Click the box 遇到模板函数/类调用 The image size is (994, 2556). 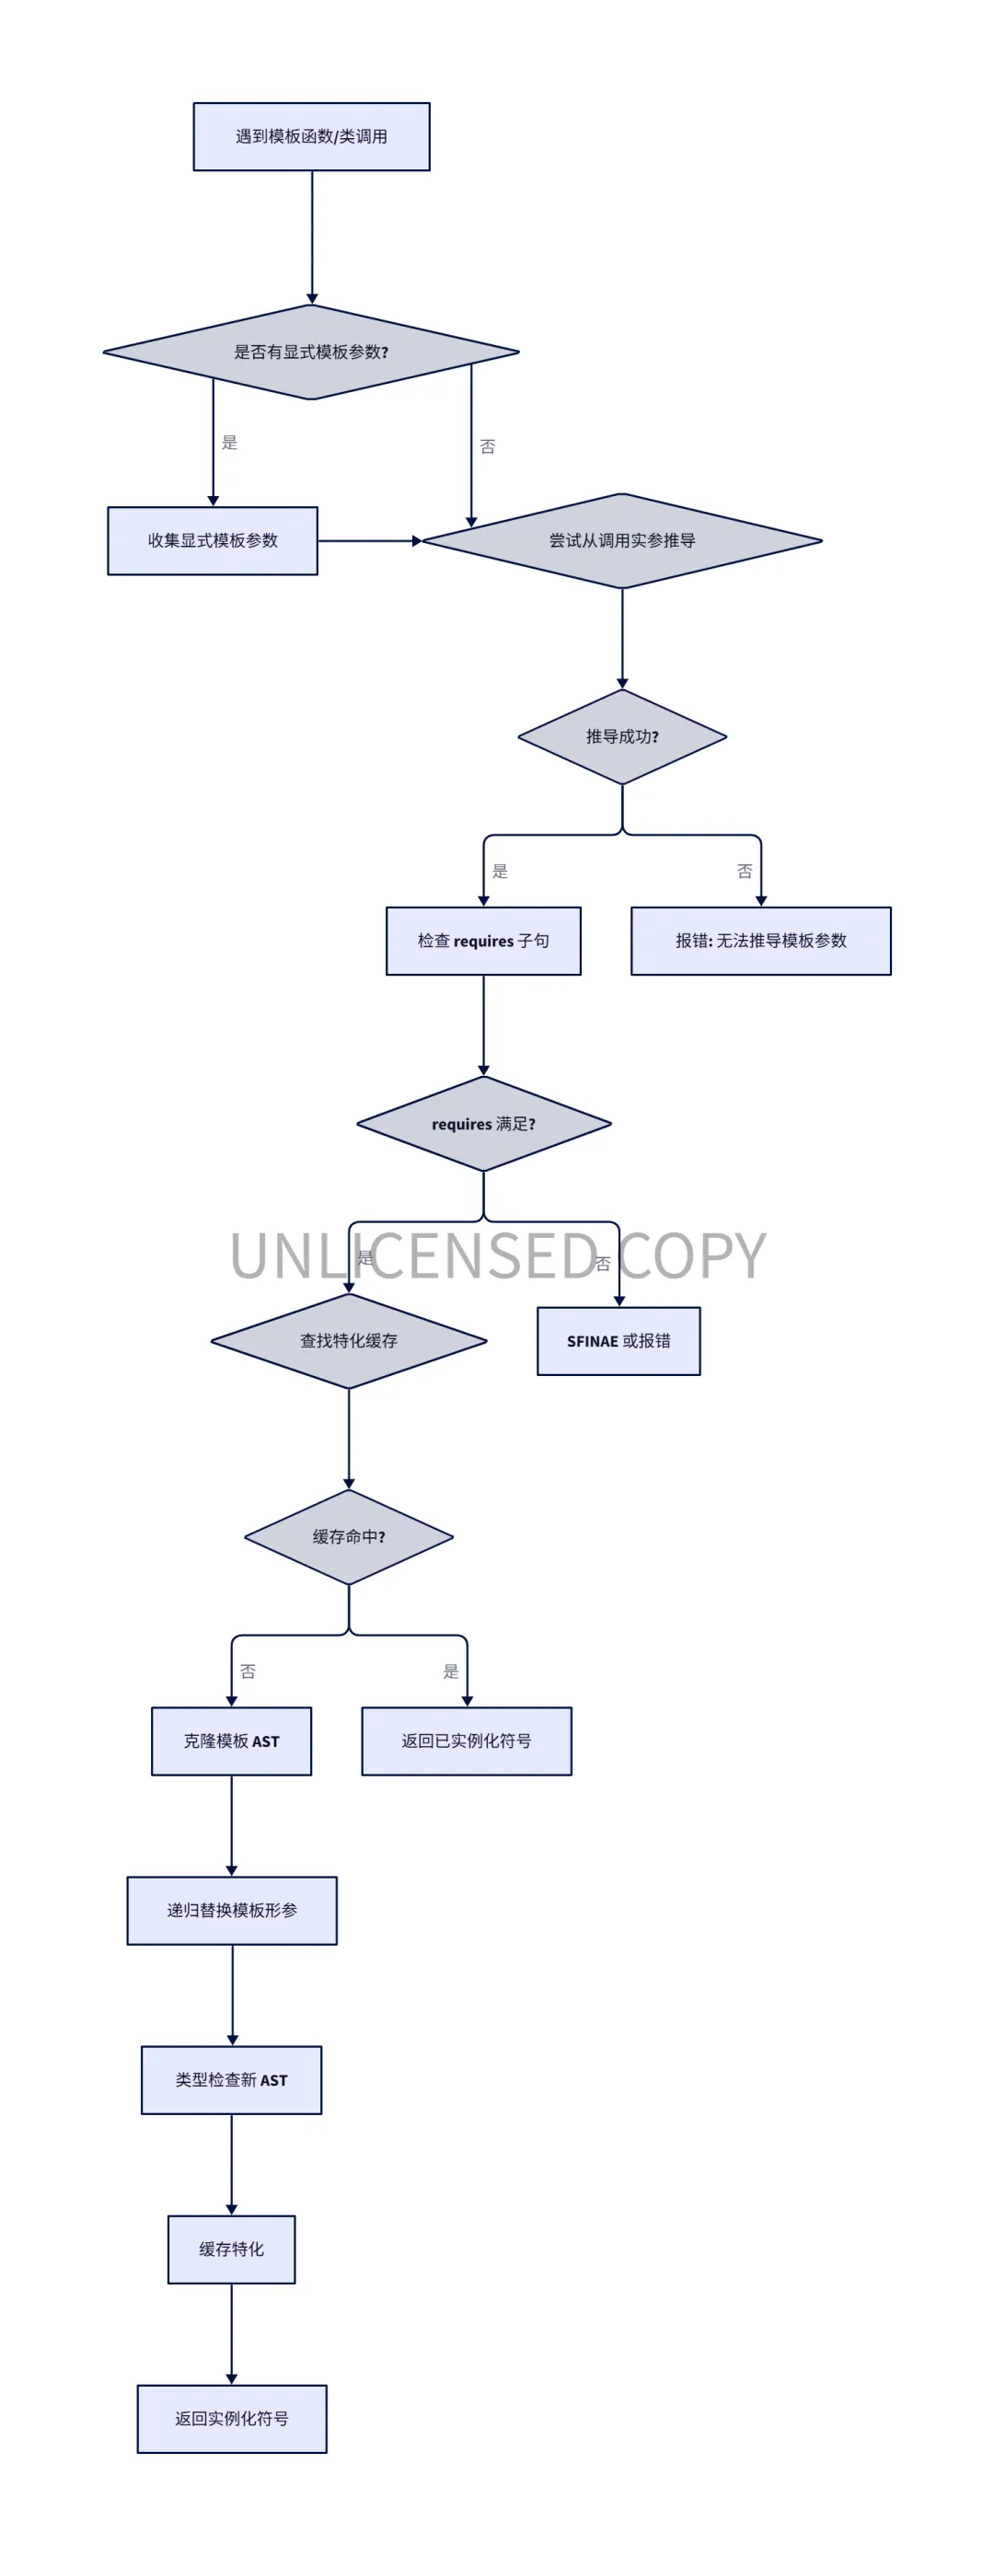point(311,137)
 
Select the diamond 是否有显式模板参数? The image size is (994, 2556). point(311,353)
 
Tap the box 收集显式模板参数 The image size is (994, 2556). point(213,541)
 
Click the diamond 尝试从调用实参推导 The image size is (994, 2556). point(622,541)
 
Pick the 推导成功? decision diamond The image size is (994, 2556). point(622,736)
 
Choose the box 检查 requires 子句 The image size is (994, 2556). point(483,941)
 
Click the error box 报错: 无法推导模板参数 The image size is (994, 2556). point(761,941)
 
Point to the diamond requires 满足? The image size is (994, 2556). point(483,1124)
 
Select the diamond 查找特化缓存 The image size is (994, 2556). point(349,1340)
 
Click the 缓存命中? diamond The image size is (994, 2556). point(349,1537)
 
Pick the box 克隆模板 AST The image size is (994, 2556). point(231,1741)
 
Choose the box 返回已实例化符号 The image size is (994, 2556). point(467,1741)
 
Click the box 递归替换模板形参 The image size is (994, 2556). point(232,1910)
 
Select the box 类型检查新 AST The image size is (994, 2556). point(231,2080)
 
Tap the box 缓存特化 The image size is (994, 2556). point(231,2250)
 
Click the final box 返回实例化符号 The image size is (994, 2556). point(232,2419)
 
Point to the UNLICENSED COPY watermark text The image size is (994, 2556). point(498,1255)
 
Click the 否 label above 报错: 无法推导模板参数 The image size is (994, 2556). point(745,872)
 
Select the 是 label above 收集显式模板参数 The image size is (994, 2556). point(229,443)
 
